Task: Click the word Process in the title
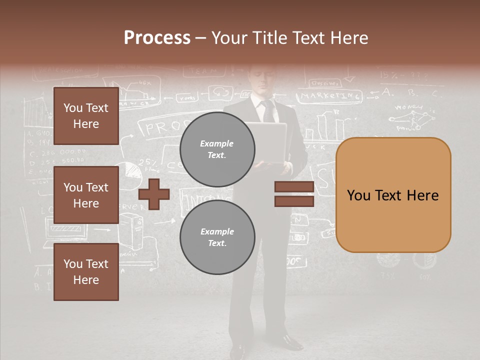click(x=157, y=38)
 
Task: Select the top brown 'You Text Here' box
click(x=86, y=116)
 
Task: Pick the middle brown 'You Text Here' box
click(x=86, y=195)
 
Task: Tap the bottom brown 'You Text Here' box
click(x=86, y=272)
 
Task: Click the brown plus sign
click(x=154, y=194)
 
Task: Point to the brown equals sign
click(x=294, y=194)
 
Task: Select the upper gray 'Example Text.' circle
click(x=217, y=149)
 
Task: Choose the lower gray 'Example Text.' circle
click(x=217, y=237)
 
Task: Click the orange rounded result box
click(x=393, y=195)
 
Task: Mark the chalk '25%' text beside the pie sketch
click(x=148, y=162)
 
